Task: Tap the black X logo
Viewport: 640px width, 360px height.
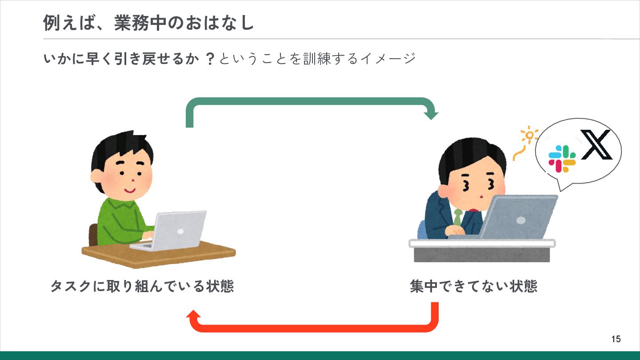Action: (x=596, y=145)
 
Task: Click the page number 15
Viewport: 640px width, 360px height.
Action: (x=616, y=339)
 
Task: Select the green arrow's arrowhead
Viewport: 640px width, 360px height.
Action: (x=431, y=115)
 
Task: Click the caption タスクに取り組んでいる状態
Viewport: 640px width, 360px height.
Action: (x=142, y=286)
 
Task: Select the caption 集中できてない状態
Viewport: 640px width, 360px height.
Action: (x=473, y=286)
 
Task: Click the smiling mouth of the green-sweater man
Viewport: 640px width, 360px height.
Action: (x=130, y=190)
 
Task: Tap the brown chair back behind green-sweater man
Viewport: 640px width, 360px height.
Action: (x=93, y=234)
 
